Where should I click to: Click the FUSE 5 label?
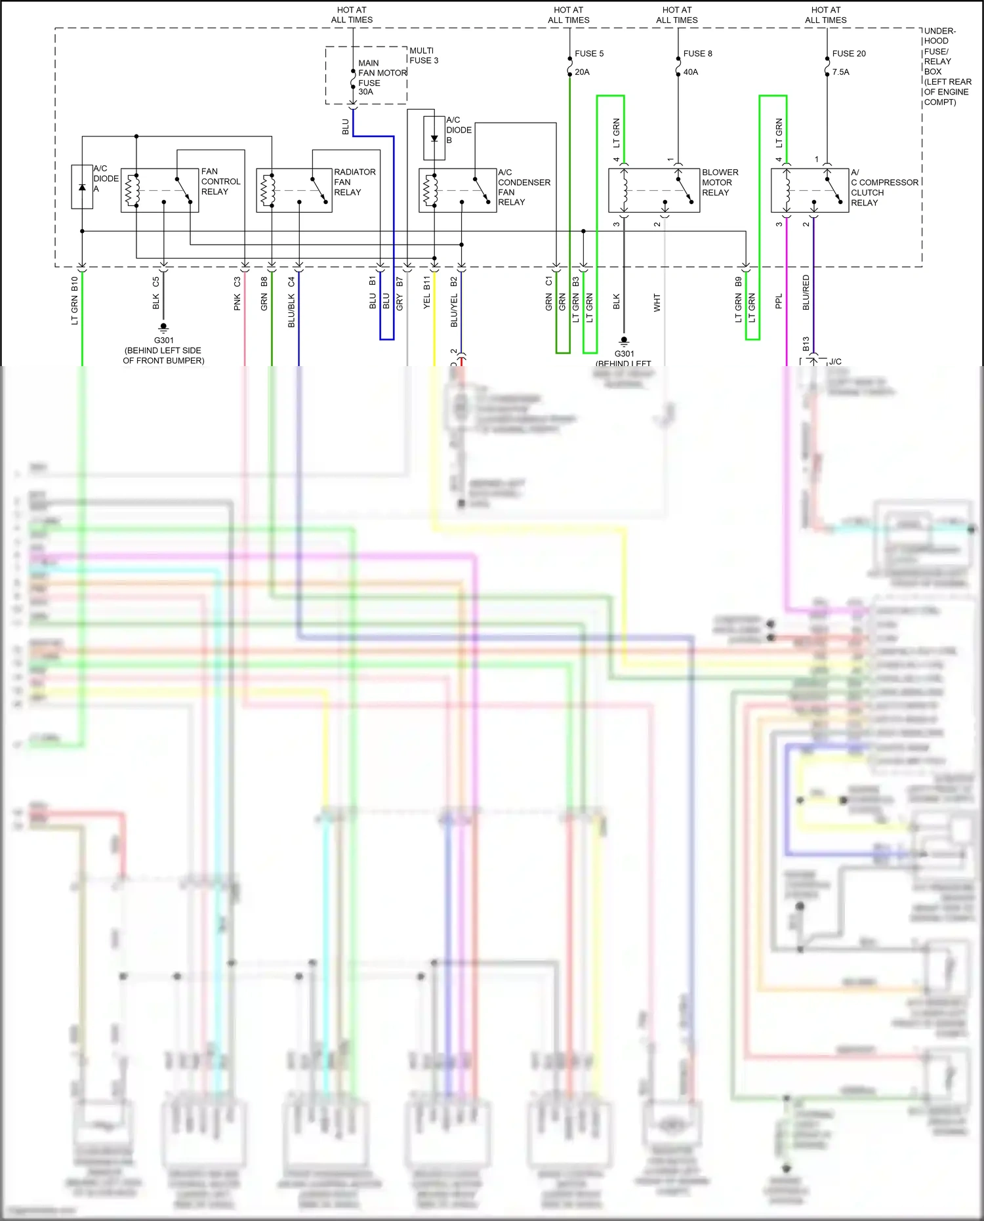click(588, 54)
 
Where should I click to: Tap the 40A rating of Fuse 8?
click(690, 72)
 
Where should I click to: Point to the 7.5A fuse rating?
click(840, 72)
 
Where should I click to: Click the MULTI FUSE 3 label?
click(424, 56)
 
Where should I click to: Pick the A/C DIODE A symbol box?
click(82, 187)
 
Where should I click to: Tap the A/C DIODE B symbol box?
click(434, 138)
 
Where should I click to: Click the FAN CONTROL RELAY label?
click(220, 182)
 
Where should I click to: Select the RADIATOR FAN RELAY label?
click(354, 182)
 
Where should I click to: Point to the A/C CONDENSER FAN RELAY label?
click(523, 187)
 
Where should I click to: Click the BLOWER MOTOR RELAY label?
click(720, 182)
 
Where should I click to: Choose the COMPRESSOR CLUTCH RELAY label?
click(884, 188)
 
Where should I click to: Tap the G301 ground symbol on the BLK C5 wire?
click(163, 327)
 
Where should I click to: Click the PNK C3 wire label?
click(237, 294)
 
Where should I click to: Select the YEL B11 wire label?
click(427, 293)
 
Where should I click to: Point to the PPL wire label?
click(779, 302)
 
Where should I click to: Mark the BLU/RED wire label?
click(806, 293)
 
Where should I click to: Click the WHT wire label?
click(657, 302)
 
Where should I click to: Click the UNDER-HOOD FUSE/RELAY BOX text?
click(947, 66)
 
